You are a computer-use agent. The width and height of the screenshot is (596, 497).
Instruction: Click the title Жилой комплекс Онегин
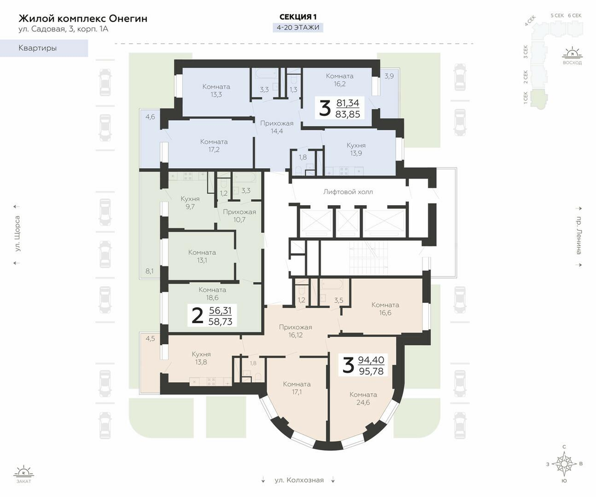[83, 18]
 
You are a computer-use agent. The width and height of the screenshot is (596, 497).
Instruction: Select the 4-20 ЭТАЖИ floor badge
[298, 28]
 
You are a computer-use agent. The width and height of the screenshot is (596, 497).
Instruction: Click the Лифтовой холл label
[348, 192]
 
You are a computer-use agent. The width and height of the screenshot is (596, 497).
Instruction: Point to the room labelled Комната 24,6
[363, 399]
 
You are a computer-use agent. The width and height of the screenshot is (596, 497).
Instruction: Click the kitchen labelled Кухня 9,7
[190, 202]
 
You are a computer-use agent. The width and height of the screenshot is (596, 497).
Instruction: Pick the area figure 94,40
[371, 360]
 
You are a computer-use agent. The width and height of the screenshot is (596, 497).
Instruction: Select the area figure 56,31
[220, 311]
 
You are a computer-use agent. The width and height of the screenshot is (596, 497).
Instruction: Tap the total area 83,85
[348, 114]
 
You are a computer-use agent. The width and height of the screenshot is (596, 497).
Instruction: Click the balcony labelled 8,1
[150, 271]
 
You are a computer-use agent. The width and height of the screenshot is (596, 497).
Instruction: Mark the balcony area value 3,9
[389, 76]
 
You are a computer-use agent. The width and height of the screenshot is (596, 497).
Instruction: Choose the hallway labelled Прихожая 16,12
[295, 331]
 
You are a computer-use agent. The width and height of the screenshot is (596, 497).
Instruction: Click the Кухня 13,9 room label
[356, 149]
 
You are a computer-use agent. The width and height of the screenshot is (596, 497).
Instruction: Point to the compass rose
[565, 464]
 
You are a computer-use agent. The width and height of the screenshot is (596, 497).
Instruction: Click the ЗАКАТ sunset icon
[24, 474]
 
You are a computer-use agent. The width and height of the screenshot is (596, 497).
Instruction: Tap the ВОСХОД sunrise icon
[572, 56]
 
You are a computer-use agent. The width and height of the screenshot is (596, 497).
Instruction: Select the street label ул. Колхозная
[299, 480]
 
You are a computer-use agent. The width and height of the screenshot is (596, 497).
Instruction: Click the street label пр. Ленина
[578, 236]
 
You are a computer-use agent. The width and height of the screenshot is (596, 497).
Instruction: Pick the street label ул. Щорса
[17, 234]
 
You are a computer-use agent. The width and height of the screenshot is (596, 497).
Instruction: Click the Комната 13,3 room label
[216, 90]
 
